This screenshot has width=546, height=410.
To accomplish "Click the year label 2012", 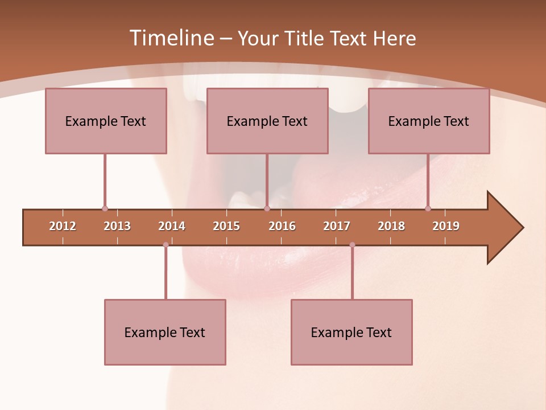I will click(x=63, y=226).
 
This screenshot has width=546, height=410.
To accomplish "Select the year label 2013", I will click(x=117, y=226).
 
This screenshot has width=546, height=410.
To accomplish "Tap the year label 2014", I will click(x=172, y=226).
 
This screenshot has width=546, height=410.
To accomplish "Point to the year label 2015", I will click(x=226, y=226).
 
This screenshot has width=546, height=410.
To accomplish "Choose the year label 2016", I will click(x=282, y=226).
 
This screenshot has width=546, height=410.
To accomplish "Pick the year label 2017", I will click(x=337, y=226).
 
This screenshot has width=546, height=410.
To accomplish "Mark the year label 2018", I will click(x=391, y=226).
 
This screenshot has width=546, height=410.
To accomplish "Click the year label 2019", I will click(x=446, y=226).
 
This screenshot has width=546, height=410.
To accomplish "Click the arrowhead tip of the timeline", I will click(x=522, y=228).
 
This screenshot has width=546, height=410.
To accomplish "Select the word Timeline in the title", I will click(x=171, y=38).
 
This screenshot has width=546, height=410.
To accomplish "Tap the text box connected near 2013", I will click(x=106, y=121).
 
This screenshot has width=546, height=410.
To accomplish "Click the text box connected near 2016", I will click(x=267, y=121).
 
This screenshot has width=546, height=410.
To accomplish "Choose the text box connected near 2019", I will click(x=429, y=121).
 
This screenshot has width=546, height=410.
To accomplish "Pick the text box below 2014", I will click(x=165, y=332).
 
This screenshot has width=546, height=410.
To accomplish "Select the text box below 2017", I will click(x=351, y=332).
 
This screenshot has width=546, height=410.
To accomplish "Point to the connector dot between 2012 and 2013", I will click(x=105, y=209).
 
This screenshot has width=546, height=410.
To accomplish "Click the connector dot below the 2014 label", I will click(x=166, y=245).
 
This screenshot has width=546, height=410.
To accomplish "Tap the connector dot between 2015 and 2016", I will click(x=267, y=209).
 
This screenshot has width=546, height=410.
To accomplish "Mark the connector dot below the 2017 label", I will click(x=352, y=245).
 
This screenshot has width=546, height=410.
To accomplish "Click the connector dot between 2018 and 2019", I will click(x=428, y=209).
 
